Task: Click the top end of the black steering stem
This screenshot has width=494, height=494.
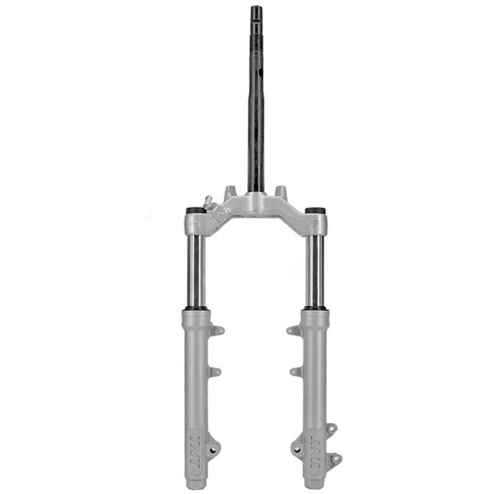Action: (257, 7)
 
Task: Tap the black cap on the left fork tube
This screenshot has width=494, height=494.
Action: (195, 210)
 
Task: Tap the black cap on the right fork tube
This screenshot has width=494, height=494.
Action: (314, 210)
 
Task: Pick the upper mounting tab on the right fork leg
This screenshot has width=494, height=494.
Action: (293, 330)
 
